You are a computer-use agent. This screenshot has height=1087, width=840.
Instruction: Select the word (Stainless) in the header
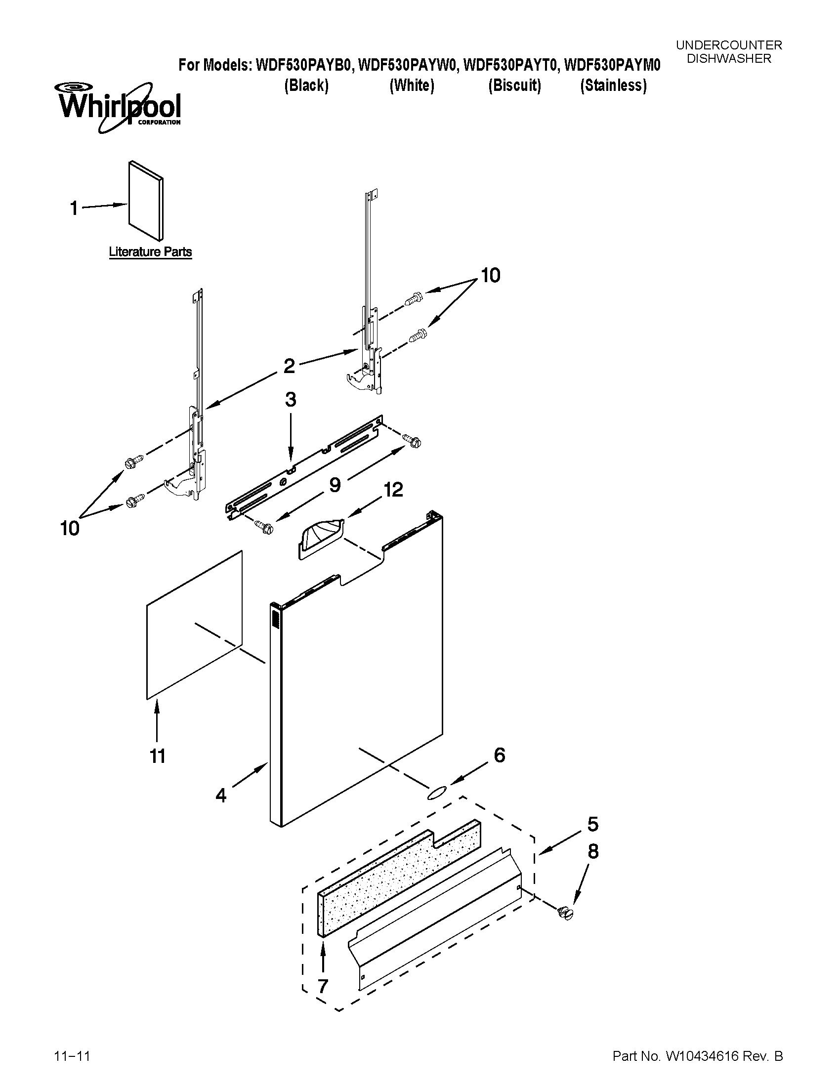pyautogui.click(x=613, y=85)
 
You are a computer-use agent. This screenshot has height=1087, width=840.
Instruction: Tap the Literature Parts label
pyautogui.click(x=150, y=252)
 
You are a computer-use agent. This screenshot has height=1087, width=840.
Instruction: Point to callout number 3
pyautogui.click(x=291, y=400)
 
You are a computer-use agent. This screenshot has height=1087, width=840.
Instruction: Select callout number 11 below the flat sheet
pyautogui.click(x=157, y=756)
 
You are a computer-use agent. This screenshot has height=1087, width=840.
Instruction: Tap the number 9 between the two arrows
pyautogui.click(x=335, y=485)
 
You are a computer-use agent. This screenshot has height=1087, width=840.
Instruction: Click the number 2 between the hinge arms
pyautogui.click(x=289, y=367)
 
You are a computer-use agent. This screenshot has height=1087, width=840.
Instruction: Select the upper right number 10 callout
pyautogui.click(x=490, y=275)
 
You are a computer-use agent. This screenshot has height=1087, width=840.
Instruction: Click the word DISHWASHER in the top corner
pyautogui.click(x=729, y=58)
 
